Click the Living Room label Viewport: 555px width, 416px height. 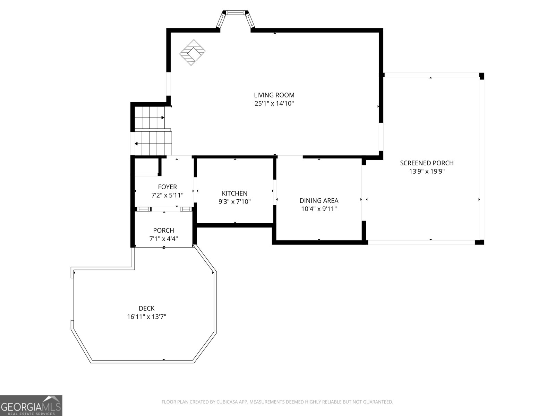274,95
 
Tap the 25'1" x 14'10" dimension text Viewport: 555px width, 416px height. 274,104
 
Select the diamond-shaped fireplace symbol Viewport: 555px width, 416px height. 193,53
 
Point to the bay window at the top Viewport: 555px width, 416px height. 236,19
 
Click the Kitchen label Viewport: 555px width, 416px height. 234,193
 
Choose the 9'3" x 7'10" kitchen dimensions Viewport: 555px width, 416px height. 234,202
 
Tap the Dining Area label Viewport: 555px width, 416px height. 319,201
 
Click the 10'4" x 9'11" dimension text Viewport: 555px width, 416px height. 319,209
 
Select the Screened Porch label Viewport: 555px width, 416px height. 427,163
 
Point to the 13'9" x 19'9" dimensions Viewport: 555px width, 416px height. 427,172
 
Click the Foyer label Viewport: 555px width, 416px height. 168,187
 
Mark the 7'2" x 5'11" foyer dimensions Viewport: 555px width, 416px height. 168,195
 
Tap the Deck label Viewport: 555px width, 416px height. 147,309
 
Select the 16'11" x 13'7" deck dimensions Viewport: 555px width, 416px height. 147,317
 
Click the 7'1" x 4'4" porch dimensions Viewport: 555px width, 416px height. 164,239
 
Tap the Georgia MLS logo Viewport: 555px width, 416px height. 31,406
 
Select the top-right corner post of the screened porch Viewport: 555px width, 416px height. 482,76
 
